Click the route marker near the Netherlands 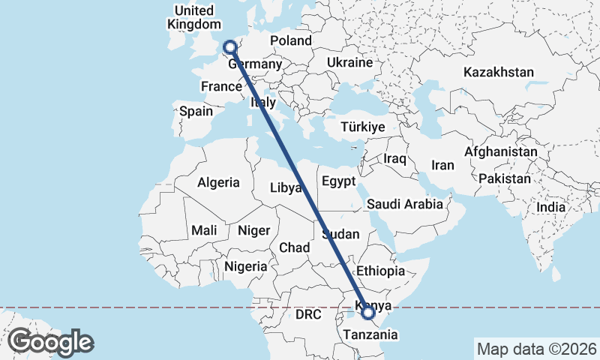[x=230, y=47]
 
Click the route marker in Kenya [x=367, y=312]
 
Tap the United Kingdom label [x=193, y=17]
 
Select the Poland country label [x=290, y=40]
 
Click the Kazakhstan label [x=498, y=73]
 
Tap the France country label [x=221, y=87]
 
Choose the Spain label [x=196, y=112]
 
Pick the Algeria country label [x=218, y=182]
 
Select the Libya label [x=286, y=187]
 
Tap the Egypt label [x=337, y=181]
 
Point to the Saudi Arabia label [x=409, y=204]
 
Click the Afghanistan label [x=500, y=151]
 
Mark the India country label [x=550, y=207]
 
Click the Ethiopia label [x=381, y=271]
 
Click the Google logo [x=51, y=342]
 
